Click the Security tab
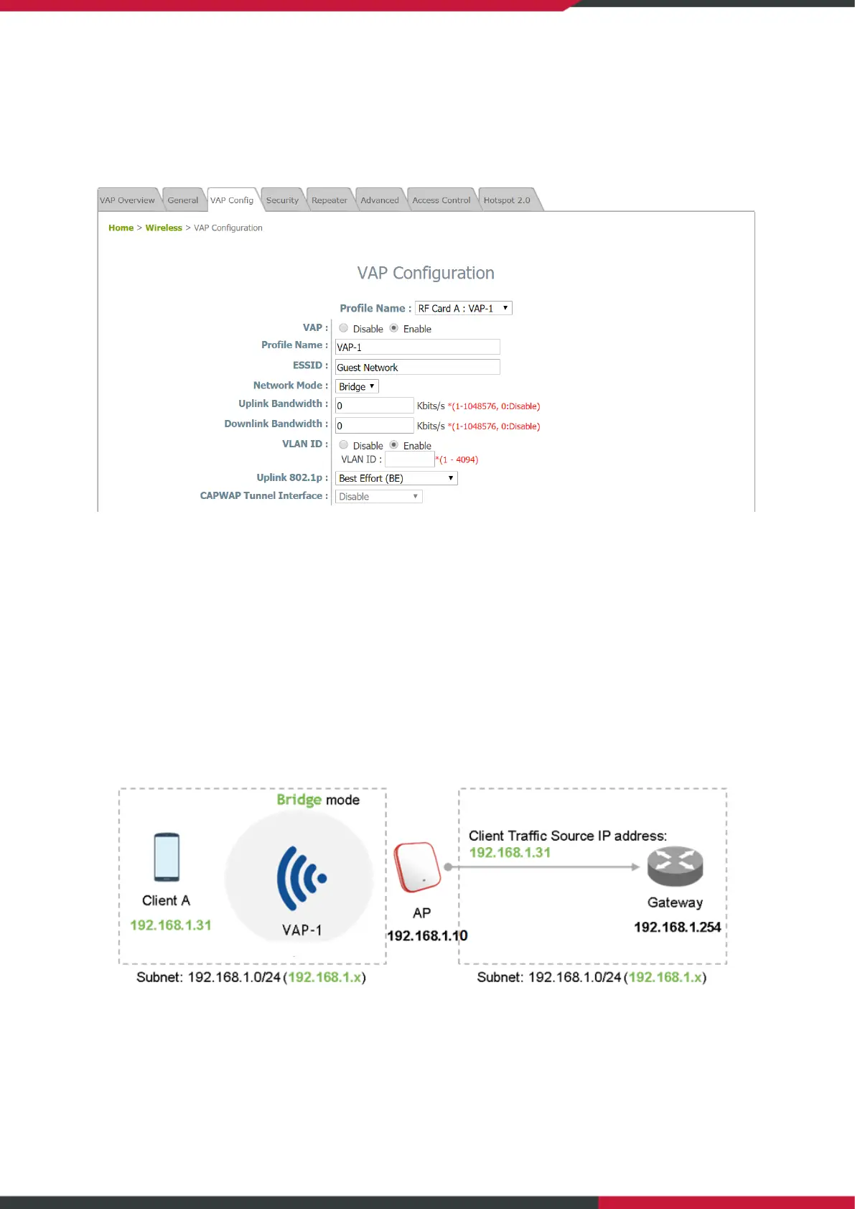coord(282,200)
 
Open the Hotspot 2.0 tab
coord(507,200)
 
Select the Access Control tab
coord(441,200)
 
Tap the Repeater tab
coord(329,200)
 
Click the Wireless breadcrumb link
coord(164,228)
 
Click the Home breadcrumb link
coord(121,228)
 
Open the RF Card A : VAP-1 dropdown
coord(464,308)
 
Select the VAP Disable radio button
coord(344,328)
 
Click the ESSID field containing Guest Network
coord(417,367)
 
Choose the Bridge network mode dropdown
coord(357,386)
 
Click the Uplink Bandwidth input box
coord(374,406)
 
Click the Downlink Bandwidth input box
coord(374,426)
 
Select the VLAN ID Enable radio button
coord(394,445)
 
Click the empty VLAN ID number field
coord(409,459)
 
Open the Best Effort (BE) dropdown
coord(396,478)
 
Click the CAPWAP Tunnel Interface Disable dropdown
coord(378,496)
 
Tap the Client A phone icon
coord(167,856)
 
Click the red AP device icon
coord(418,867)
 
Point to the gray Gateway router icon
coord(675,867)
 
